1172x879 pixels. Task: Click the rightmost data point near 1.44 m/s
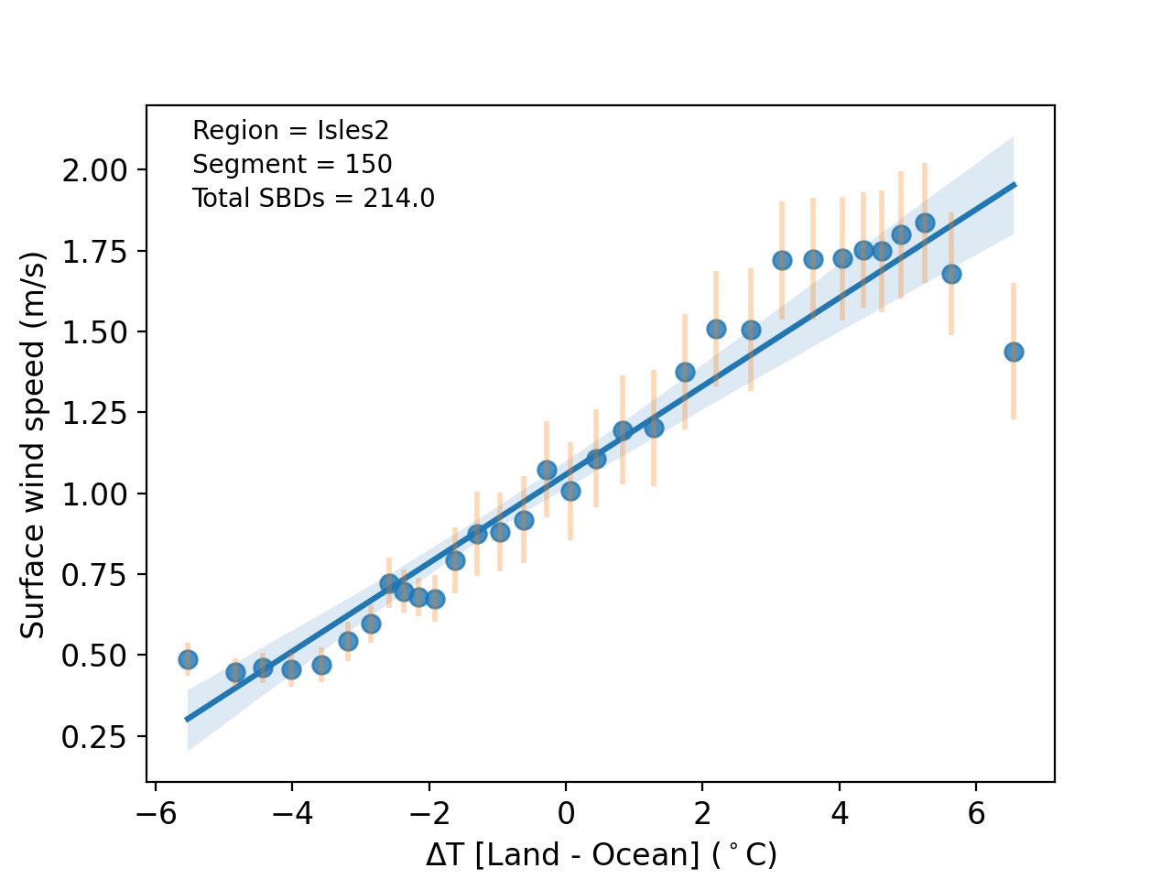click(x=1013, y=352)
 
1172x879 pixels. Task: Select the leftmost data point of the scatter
click(x=188, y=659)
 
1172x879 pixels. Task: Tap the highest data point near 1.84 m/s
click(x=925, y=222)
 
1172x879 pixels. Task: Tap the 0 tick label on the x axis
click(x=566, y=813)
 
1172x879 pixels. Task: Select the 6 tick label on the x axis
click(x=976, y=813)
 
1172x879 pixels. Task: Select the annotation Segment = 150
click(x=292, y=165)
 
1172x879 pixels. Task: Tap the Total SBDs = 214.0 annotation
click(x=313, y=198)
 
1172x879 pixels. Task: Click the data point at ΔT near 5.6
click(x=951, y=274)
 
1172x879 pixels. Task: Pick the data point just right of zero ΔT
click(x=570, y=491)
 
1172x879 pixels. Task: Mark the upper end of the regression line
click(x=1014, y=185)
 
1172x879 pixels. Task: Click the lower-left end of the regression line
click(x=188, y=719)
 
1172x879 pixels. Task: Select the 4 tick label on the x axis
click(x=839, y=813)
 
